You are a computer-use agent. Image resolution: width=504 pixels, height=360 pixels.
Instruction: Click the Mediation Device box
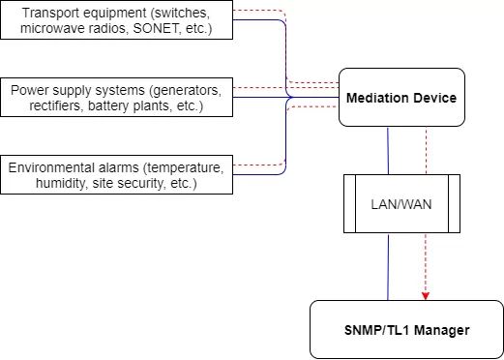(401, 98)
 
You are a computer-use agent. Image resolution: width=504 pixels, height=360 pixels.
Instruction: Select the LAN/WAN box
(401, 204)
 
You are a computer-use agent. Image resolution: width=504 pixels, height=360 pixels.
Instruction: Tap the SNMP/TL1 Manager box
(406, 330)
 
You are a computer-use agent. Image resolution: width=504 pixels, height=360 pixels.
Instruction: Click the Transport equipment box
(116, 20)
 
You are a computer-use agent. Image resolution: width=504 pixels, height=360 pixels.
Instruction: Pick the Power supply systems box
(116, 98)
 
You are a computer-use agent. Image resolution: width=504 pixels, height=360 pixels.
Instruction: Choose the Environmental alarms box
(116, 175)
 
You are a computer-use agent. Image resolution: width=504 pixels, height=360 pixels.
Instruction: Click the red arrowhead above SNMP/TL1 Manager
(426, 294)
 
